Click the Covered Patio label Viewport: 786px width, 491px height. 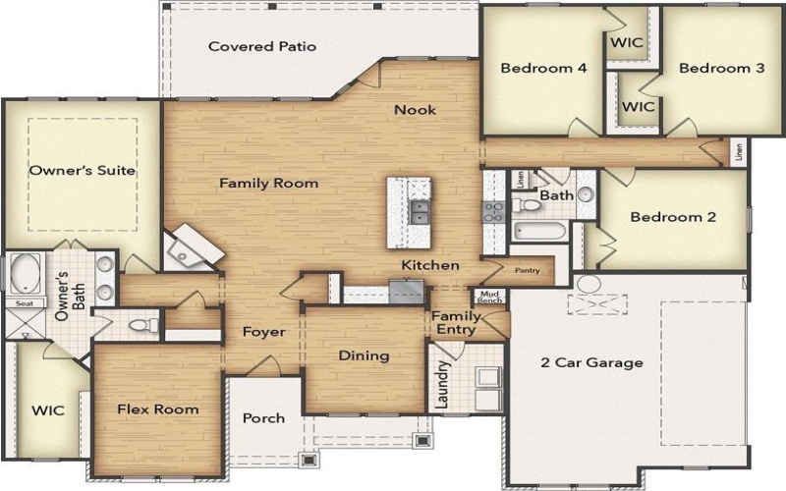[262, 46]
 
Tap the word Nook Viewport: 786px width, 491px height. [415, 110]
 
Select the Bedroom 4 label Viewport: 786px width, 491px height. [543, 69]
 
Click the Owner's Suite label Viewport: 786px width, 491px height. [82, 170]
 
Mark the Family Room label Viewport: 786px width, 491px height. [268, 183]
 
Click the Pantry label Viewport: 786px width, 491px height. [528, 270]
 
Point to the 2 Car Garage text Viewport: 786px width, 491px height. [591, 362]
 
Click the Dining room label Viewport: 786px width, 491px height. [364, 355]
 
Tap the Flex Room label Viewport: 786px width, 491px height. [157, 409]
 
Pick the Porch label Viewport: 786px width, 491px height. [263, 417]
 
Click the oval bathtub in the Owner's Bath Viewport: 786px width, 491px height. [23, 272]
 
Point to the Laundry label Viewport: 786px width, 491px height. [444, 385]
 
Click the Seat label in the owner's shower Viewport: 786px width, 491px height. [23, 304]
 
